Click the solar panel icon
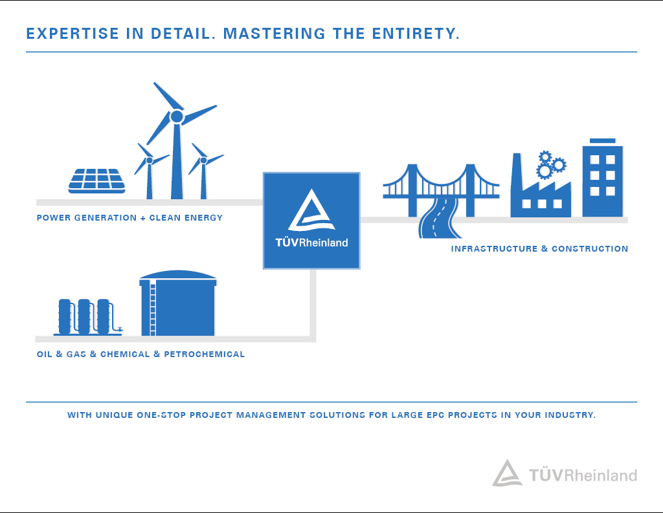click(x=97, y=181)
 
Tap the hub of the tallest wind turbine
click(x=177, y=116)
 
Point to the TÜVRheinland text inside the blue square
click(x=311, y=242)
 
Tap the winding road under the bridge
click(x=440, y=218)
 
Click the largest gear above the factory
click(x=544, y=171)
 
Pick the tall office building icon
click(x=603, y=177)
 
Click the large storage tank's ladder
click(x=153, y=309)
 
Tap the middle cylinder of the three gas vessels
click(x=84, y=316)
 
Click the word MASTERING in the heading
click(x=275, y=34)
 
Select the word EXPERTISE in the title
click(x=73, y=34)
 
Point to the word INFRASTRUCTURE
click(x=494, y=248)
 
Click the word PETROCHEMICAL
click(x=204, y=354)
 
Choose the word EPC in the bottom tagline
click(x=435, y=415)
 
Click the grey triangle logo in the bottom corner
click(x=507, y=474)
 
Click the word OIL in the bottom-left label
click(x=45, y=354)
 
